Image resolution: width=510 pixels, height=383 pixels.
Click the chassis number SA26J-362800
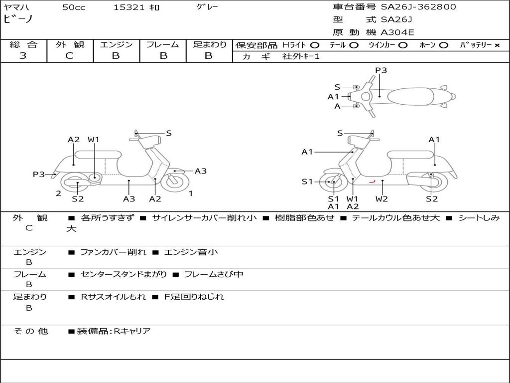418,7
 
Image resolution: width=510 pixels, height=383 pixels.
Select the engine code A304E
397,33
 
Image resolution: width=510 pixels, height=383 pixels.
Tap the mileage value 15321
129,7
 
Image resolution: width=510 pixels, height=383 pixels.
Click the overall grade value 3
23,56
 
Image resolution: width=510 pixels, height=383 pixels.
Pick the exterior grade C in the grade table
70,56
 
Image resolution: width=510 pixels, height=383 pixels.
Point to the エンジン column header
116,44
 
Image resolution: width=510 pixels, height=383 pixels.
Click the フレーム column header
162,44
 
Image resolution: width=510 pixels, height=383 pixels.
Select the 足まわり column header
209,44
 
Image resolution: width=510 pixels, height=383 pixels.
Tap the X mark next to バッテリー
497,45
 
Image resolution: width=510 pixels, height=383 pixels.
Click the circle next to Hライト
314,45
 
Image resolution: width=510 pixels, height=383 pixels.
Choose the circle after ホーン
443,45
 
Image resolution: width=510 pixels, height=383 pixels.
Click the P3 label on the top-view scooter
381,70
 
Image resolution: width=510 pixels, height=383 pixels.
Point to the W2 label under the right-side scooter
382,199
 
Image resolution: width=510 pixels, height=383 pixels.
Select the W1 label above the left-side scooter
94,140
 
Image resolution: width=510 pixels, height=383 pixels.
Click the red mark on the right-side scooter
371,182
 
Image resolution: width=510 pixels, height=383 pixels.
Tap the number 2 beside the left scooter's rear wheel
59,193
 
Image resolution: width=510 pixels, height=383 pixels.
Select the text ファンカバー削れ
113,252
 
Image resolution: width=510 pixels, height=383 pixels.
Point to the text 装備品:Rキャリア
114,331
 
